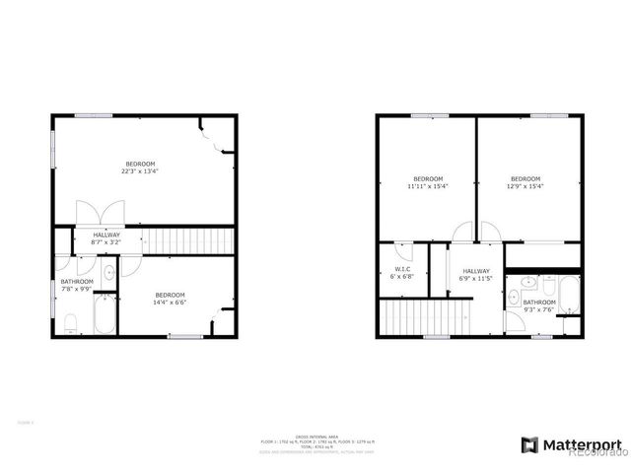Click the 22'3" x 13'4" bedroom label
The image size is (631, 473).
coord(140,167)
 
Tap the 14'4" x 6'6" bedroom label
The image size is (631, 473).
coord(171,299)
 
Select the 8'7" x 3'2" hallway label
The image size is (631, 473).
coord(106,237)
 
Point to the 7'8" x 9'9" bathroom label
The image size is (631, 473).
coord(77,285)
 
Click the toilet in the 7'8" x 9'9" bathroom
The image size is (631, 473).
coord(70,323)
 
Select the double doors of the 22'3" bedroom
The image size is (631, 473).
coord(103,214)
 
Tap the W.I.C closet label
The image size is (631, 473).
coord(401,273)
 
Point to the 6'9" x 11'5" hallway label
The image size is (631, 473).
coord(475,275)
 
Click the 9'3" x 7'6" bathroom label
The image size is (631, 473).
coord(539,305)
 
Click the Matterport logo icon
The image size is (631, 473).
coord(528,444)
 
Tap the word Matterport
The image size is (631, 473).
coord(585,444)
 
